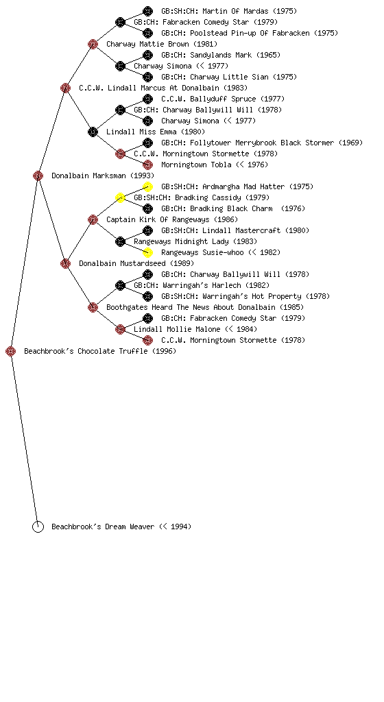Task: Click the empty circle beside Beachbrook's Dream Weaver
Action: click(x=38, y=526)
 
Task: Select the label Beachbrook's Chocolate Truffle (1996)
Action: click(x=100, y=351)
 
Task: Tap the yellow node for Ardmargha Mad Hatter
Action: click(x=147, y=186)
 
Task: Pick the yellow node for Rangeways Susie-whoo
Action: click(x=147, y=252)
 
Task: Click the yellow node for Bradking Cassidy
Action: click(x=121, y=197)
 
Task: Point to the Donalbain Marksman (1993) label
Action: click(x=103, y=175)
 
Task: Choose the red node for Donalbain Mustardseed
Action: click(x=65, y=263)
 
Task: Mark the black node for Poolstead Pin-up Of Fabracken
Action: click(x=147, y=33)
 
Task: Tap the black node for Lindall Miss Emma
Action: click(x=93, y=132)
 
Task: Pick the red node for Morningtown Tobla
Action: click(x=147, y=165)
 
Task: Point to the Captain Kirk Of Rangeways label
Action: click(x=158, y=219)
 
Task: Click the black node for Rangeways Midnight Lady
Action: click(x=121, y=241)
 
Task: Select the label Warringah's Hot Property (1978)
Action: click(x=266, y=296)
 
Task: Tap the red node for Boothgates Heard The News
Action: click(x=93, y=307)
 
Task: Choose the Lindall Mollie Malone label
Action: click(x=177, y=329)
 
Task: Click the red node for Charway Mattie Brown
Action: click(x=93, y=44)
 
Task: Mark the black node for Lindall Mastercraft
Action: click(x=147, y=230)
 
